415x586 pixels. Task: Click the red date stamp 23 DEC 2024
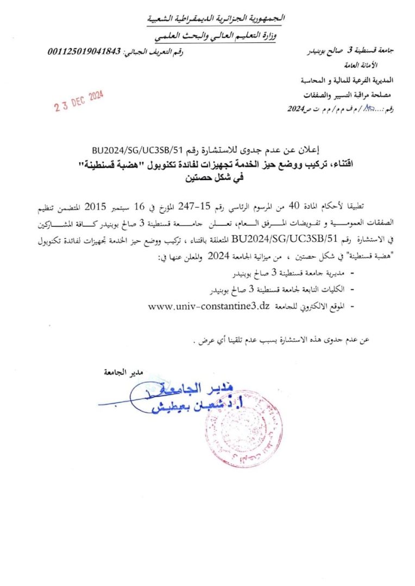click(x=79, y=100)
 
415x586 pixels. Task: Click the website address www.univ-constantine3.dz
click(x=209, y=306)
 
